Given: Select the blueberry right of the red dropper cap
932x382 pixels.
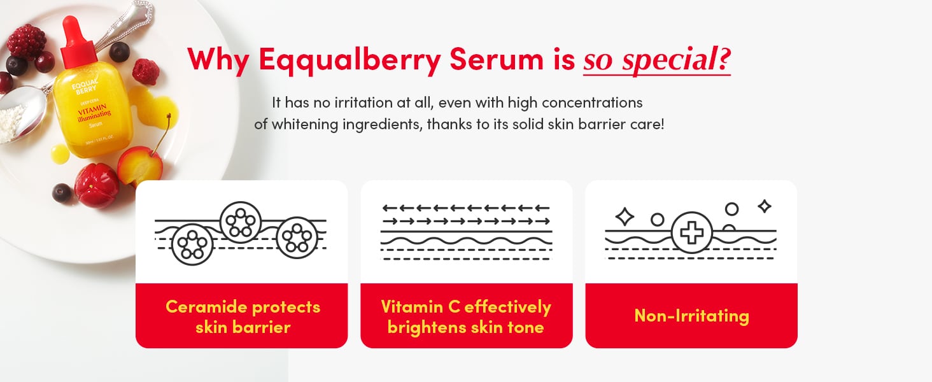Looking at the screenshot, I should tap(119, 51).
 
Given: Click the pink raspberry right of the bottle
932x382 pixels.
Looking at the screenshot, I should tap(146, 71).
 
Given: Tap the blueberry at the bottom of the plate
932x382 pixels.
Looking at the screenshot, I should tap(62, 192).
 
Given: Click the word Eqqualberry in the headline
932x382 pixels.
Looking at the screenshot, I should tap(349, 60).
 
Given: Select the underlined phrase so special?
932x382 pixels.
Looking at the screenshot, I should tap(656, 60).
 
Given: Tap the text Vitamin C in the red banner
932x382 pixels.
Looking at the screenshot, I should tap(420, 307).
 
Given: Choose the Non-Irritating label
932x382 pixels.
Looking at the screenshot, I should tap(691, 316).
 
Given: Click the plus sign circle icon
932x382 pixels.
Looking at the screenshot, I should tap(692, 233).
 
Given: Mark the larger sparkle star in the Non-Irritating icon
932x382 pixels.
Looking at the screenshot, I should tap(625, 217).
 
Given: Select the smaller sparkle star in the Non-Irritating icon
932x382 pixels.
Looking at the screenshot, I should tap(765, 206).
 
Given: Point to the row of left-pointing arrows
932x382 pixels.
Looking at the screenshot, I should tap(465, 208).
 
